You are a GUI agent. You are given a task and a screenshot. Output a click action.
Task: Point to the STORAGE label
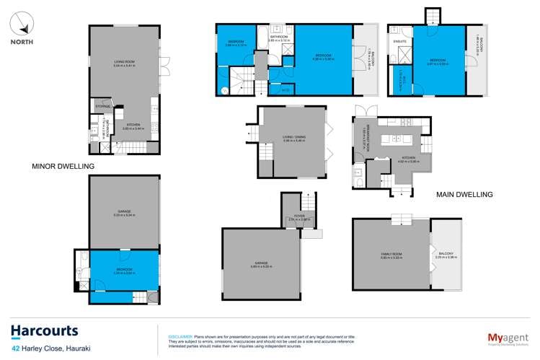[x=102, y=107]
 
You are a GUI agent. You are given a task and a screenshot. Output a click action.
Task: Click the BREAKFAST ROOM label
[x=359, y=136]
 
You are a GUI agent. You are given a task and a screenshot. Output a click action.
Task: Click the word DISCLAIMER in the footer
[x=180, y=336]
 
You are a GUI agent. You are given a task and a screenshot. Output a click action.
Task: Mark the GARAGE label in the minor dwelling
[x=125, y=212]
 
